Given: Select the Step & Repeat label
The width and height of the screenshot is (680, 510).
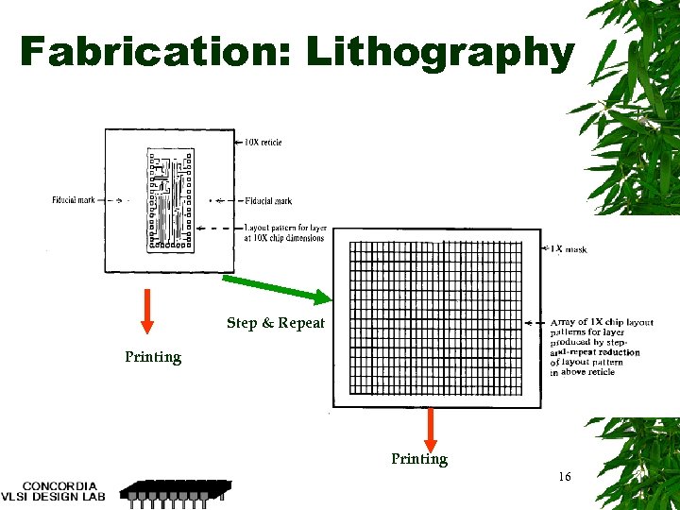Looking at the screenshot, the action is (x=275, y=323).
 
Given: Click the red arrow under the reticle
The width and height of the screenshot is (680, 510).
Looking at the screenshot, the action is (x=147, y=311).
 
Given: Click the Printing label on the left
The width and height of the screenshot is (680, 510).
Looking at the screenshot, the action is (x=153, y=357).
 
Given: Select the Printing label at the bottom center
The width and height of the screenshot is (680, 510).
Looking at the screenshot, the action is (x=419, y=459).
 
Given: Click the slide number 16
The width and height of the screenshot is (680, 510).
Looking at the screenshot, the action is (x=564, y=477).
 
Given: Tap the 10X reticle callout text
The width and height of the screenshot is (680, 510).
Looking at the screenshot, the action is (x=263, y=143).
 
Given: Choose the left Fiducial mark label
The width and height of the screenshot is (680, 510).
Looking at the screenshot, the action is (x=73, y=200).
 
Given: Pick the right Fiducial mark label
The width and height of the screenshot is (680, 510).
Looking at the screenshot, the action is (x=268, y=200).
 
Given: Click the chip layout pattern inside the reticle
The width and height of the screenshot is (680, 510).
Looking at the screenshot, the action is (x=171, y=199).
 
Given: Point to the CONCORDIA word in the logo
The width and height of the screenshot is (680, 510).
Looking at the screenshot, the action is (x=59, y=485).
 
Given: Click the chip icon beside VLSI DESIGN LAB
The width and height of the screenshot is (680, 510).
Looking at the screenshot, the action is (x=176, y=491).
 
